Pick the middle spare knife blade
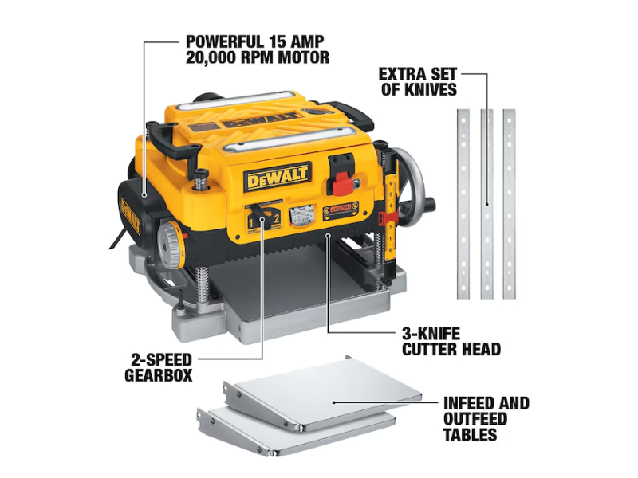click(x=486, y=204)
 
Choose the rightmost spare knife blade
click(x=509, y=204)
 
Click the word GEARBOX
click(x=158, y=374)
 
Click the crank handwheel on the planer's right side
click(x=415, y=184)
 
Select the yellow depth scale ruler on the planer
click(x=391, y=215)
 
